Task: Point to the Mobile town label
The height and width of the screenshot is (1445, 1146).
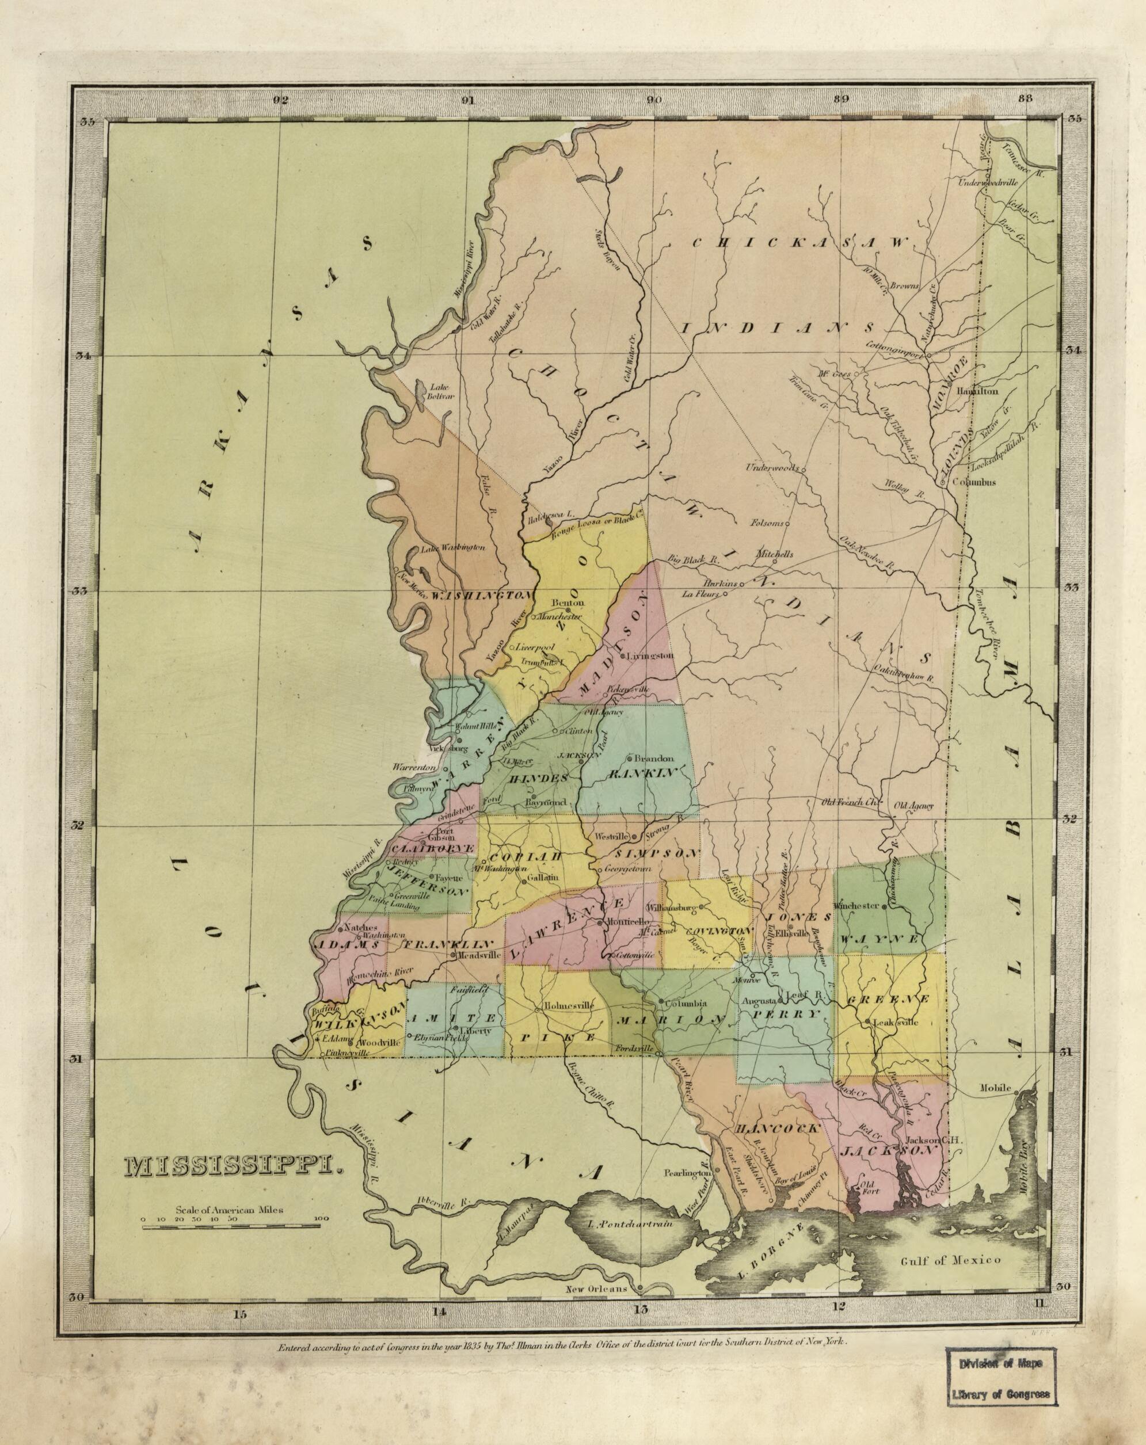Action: pos(995,1087)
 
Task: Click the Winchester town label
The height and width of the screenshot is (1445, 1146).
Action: pos(855,905)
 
